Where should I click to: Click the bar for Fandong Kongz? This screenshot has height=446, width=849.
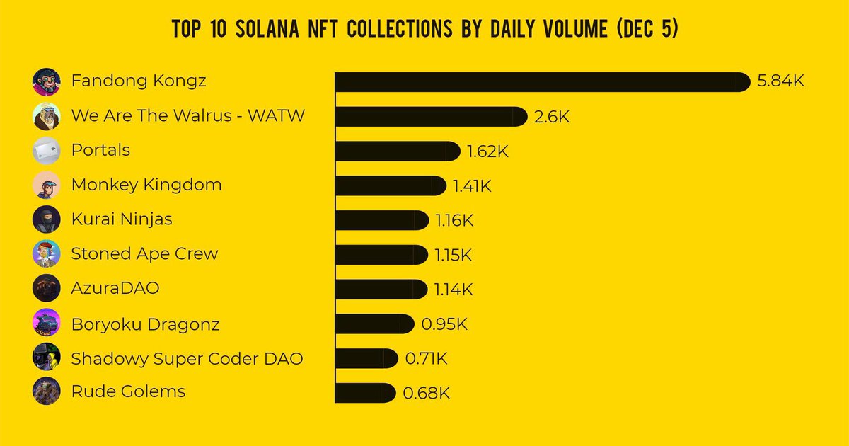coord(543,82)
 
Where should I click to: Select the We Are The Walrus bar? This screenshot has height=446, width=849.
coord(432,116)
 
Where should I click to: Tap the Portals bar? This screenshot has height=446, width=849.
coord(398,151)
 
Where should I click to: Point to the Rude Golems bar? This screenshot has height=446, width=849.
coord(365,393)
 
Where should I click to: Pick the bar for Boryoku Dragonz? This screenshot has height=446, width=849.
coord(374,324)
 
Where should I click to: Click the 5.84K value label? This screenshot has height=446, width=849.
coord(780,81)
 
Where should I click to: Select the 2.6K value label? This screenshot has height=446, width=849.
coord(552,116)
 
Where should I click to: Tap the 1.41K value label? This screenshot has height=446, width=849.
coord(473,185)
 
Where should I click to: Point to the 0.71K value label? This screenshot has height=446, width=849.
coord(426,358)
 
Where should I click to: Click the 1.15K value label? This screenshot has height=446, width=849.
coord(454,255)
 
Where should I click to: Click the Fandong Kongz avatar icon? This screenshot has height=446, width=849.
coord(46,82)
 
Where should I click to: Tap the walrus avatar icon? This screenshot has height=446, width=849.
coord(46,116)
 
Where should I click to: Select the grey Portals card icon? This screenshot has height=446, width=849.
coord(46,151)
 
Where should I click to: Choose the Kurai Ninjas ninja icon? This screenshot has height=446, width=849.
coord(46,219)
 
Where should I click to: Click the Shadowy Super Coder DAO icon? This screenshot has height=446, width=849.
coord(46,357)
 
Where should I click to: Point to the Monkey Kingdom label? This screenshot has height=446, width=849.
coord(146,185)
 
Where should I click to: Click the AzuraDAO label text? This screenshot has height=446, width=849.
coord(115,288)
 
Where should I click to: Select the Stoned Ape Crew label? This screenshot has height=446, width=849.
coord(144,254)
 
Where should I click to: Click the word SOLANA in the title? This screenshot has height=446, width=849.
coord(267,28)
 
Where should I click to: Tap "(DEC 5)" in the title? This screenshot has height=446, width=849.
coord(647,28)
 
